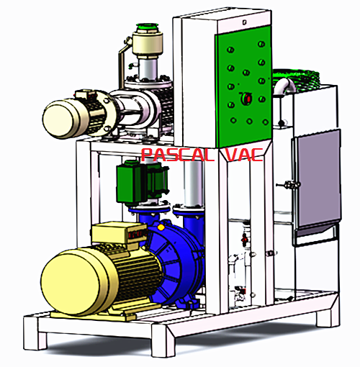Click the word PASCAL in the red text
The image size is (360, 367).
click(x=177, y=155)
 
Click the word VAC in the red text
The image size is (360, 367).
click(x=244, y=154)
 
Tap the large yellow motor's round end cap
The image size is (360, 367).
click(x=70, y=281)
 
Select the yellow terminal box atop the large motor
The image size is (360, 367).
click(x=120, y=232)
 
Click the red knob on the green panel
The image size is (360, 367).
click(x=247, y=98)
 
